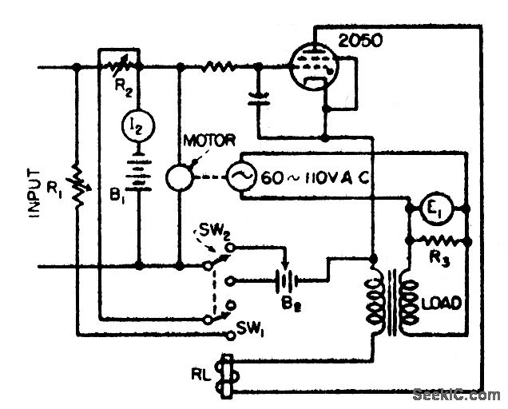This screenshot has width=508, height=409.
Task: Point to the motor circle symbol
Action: [x=181, y=177]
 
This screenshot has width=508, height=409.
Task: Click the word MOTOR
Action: [x=208, y=141]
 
